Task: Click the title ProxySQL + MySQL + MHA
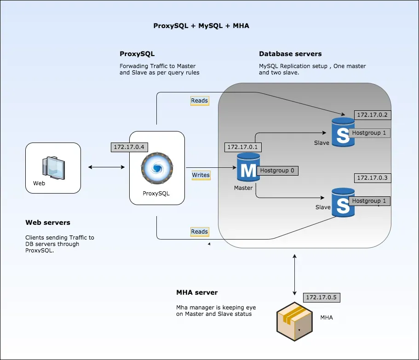(201, 26)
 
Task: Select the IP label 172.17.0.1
(242, 147)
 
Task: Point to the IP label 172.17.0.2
(372, 115)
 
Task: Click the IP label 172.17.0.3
(372, 177)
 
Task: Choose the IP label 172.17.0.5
(321, 297)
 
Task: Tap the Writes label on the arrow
(201, 175)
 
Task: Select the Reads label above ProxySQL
(199, 101)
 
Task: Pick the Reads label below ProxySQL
(199, 232)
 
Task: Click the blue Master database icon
(248, 168)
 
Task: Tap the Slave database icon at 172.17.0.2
(343, 132)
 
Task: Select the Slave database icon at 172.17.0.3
(343, 202)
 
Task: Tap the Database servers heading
(290, 54)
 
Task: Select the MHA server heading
(197, 292)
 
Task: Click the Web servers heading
(48, 223)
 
